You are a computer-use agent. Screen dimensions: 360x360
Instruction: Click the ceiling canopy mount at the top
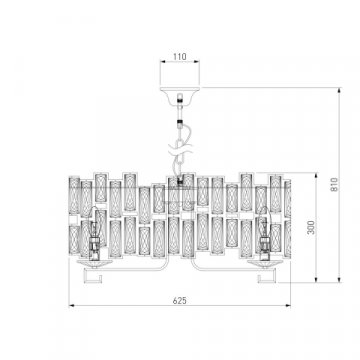[x=180, y=88]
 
